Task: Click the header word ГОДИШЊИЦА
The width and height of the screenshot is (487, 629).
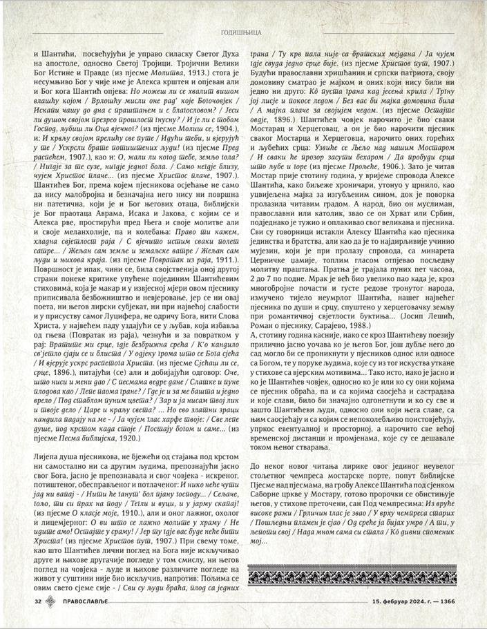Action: tap(243, 32)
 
